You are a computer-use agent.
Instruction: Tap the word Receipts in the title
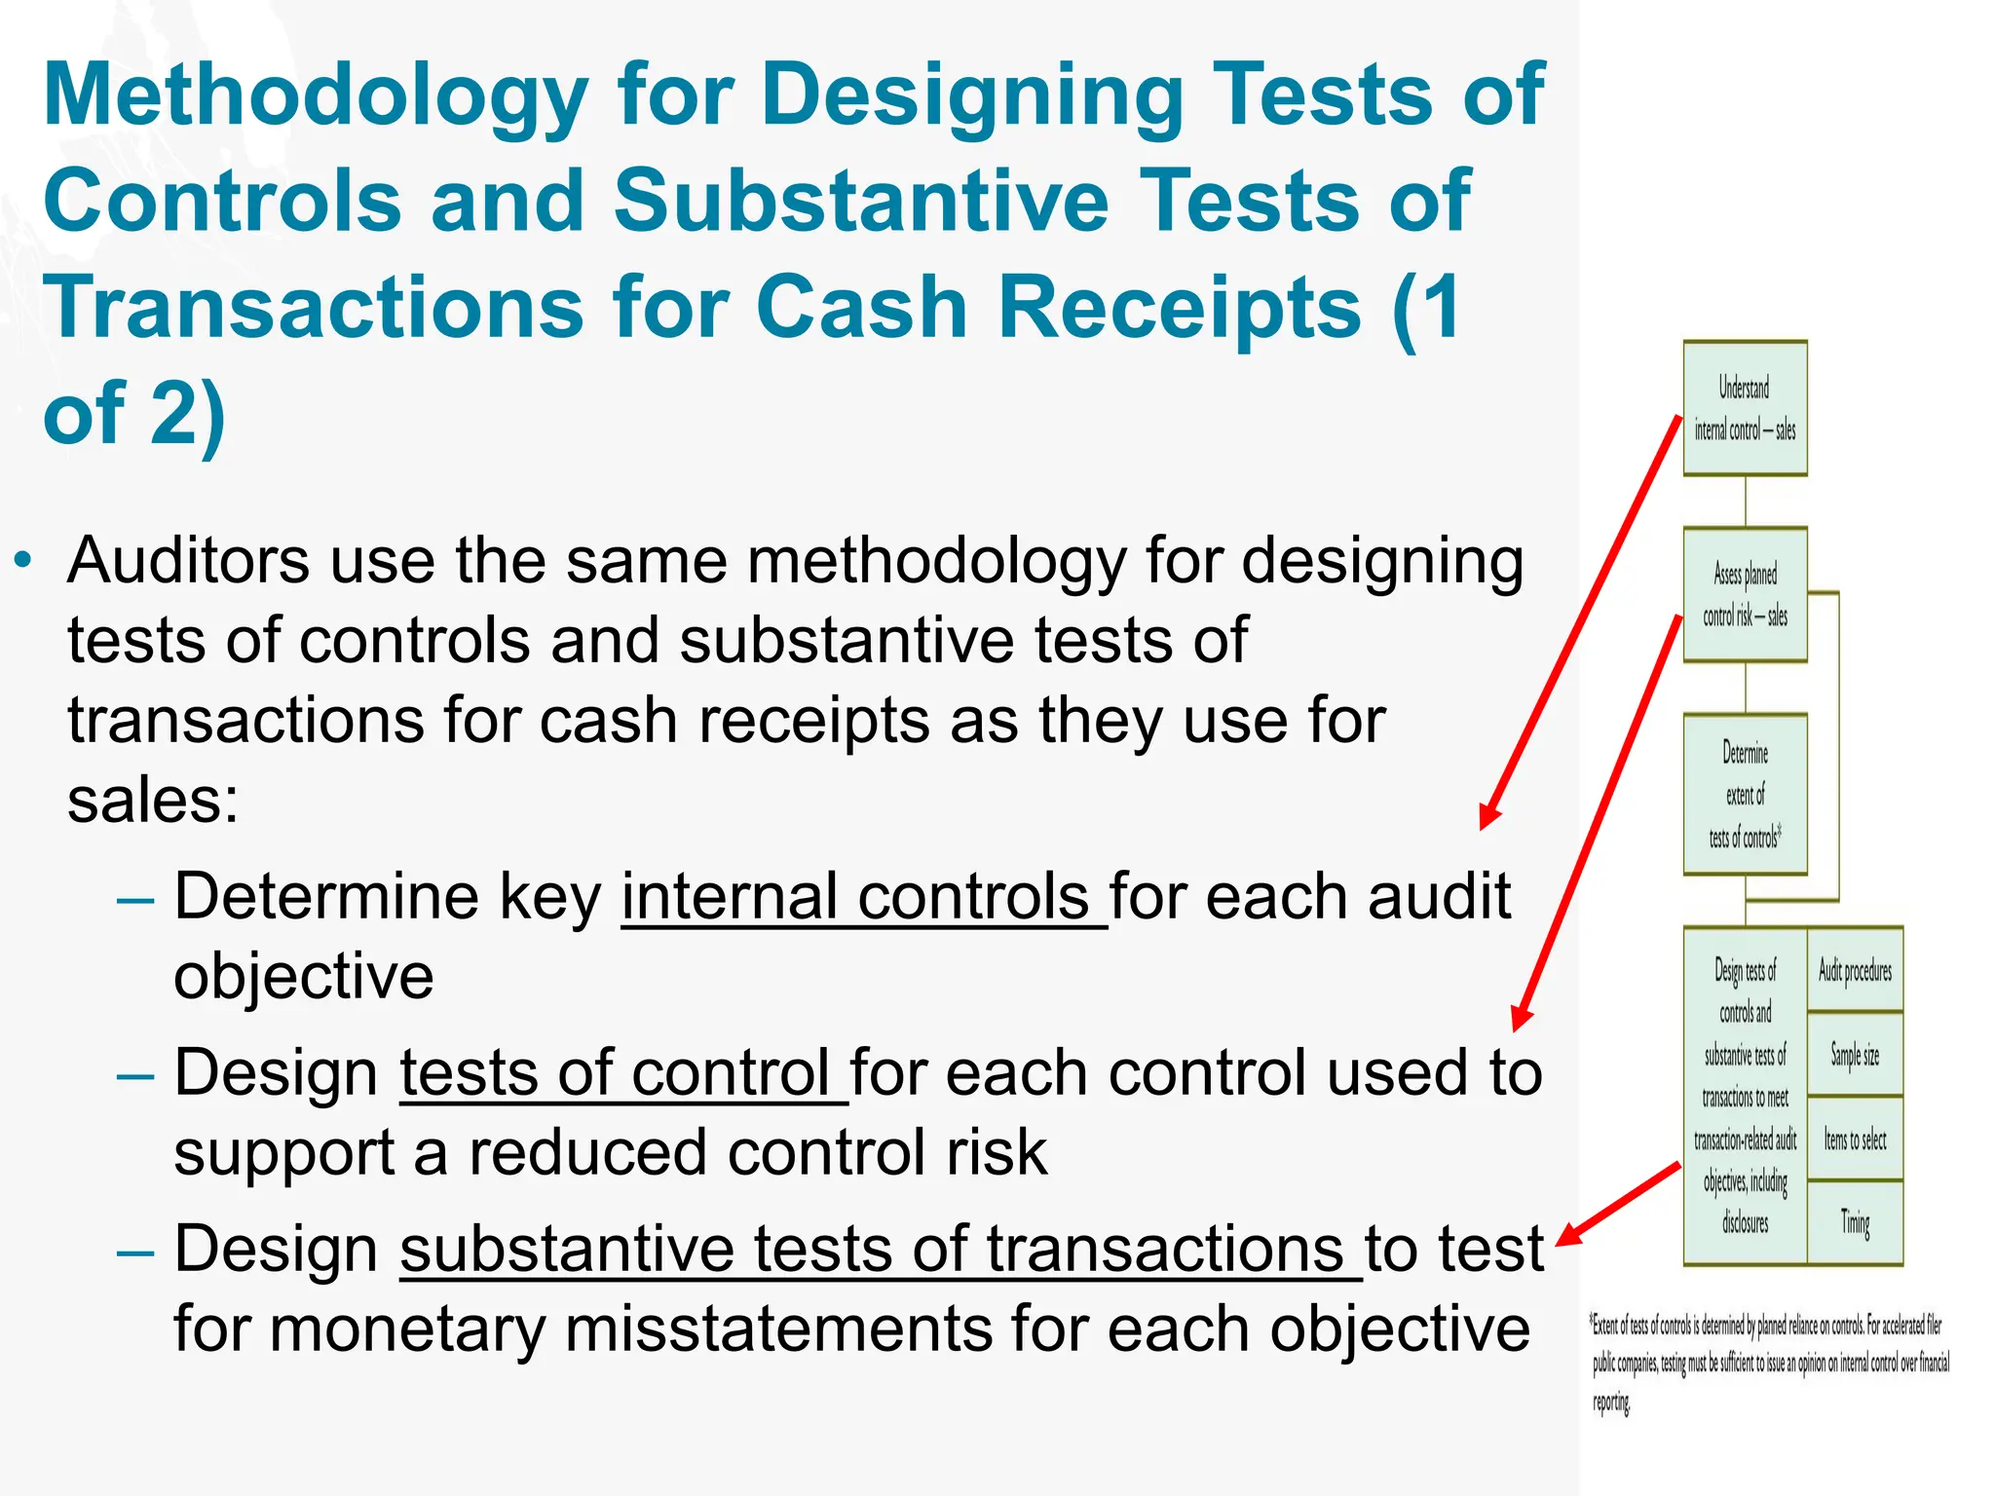click(1179, 308)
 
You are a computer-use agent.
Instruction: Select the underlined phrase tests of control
click(623, 1073)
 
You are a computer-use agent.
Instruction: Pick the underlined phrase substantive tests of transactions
click(881, 1250)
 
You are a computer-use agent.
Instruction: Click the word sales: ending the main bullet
click(153, 802)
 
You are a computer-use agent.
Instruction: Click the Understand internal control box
click(1745, 408)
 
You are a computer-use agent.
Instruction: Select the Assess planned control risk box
click(1745, 595)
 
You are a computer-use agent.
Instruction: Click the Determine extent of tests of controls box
click(1745, 795)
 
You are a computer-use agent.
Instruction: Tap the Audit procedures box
click(1855, 971)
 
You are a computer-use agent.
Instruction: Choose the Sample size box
click(1855, 1055)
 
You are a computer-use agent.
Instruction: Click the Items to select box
click(1855, 1140)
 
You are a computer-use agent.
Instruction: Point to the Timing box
click(1855, 1222)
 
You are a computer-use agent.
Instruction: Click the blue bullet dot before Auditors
click(23, 562)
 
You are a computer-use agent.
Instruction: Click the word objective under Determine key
click(303, 977)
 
